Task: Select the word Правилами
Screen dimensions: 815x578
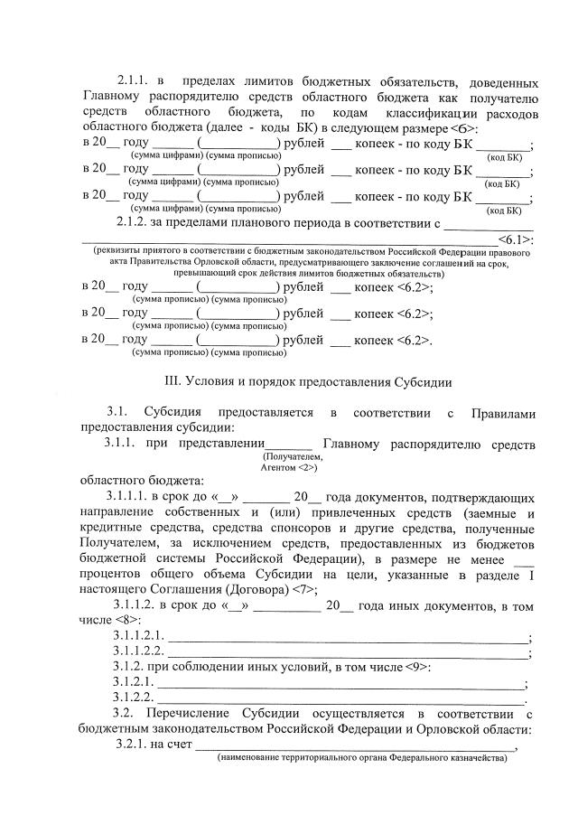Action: coord(503,413)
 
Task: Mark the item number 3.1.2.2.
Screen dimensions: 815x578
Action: coord(130,698)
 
